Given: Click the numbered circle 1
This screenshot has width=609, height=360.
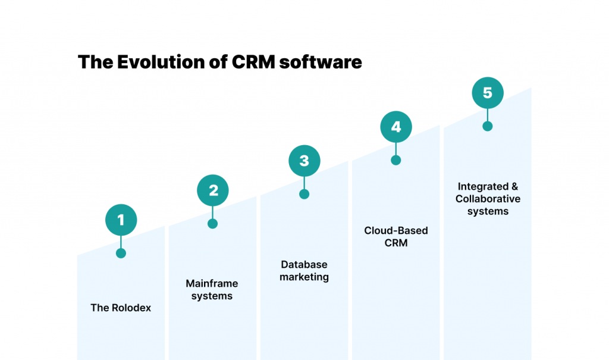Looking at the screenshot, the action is click(x=121, y=220).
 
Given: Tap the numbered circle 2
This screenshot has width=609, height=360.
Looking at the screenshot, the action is click(x=213, y=190).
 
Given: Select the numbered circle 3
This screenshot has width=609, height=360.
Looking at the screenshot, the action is click(x=304, y=161).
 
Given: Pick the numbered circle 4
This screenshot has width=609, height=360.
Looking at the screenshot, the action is click(x=396, y=127).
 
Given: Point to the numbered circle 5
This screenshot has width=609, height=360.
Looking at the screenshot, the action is click(x=488, y=93).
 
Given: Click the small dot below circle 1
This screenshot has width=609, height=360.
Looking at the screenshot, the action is click(x=121, y=253).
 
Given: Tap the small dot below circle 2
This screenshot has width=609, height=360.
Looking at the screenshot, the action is click(x=212, y=224).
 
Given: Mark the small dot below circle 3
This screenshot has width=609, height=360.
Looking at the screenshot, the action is click(x=304, y=194).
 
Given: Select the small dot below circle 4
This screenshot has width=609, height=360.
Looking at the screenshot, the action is click(x=395, y=160).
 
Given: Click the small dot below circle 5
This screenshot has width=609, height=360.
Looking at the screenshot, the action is click(x=488, y=126).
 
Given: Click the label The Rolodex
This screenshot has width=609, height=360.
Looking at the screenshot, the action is click(x=121, y=308).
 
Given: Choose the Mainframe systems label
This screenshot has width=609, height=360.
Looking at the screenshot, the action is click(x=212, y=290).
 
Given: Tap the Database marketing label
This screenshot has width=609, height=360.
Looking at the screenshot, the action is click(x=304, y=271).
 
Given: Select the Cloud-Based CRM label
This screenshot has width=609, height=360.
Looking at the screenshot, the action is click(x=396, y=236).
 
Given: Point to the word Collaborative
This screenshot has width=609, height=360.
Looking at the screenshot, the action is click(x=488, y=199).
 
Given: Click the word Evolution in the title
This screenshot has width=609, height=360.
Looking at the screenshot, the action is click(x=161, y=62).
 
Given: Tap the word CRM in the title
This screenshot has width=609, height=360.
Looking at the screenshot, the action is click(x=253, y=62).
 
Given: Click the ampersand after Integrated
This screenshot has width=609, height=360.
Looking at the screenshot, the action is click(x=514, y=187).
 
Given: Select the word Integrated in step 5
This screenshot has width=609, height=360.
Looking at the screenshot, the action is click(x=483, y=187).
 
